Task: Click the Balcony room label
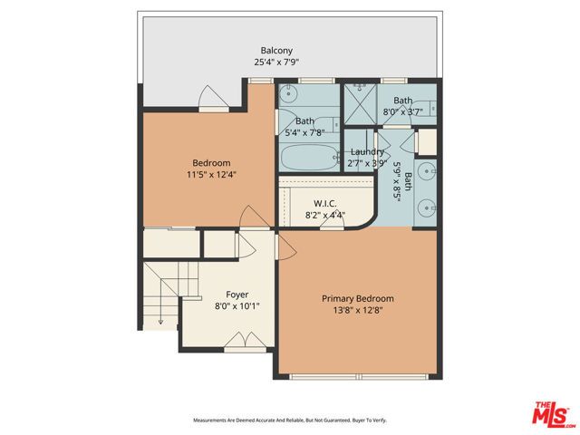(x=276, y=51)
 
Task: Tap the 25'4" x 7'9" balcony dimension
(x=276, y=63)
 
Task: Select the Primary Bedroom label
(x=358, y=298)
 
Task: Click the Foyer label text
(x=237, y=295)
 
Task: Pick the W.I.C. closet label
(x=324, y=203)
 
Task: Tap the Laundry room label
(x=366, y=152)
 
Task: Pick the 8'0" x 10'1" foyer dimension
(x=237, y=306)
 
